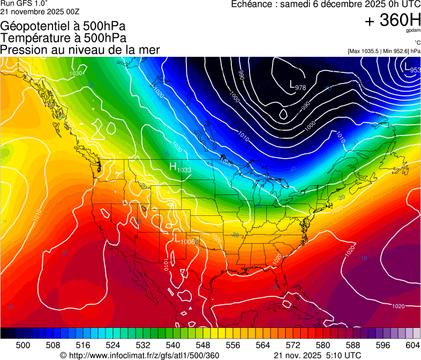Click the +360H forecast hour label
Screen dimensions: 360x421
click(393, 20)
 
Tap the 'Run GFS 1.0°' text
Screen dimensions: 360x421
click(20, 3)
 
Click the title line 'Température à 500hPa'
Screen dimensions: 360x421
click(63, 38)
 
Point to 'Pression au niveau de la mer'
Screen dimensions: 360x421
click(80, 50)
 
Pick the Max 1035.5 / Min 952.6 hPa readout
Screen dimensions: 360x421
click(384, 51)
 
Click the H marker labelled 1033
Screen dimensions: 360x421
click(173, 167)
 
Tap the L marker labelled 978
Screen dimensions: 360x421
click(292, 85)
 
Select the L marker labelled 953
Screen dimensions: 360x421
click(407, 68)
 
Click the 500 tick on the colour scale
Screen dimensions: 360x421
click(23, 344)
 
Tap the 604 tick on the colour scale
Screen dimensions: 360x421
click(412, 344)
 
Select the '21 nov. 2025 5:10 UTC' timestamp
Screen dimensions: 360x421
click(317, 355)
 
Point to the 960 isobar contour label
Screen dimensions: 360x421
click(241, 74)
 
